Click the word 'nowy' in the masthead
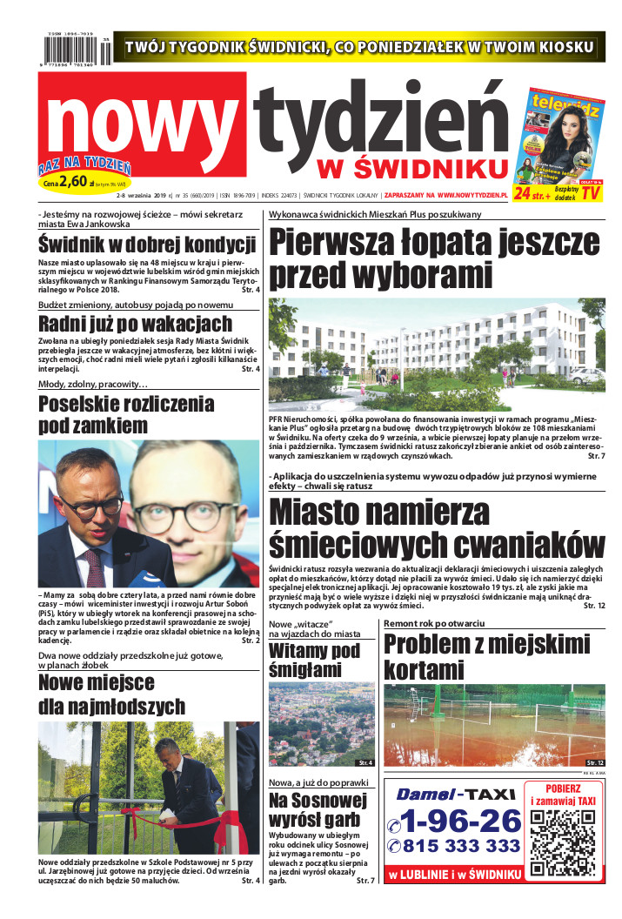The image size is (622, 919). coord(144,122)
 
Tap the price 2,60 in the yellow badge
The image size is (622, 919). coord(77,182)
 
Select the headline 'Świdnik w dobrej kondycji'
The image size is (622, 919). coord(147,245)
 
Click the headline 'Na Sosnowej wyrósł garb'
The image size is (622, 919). coord(314,809)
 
